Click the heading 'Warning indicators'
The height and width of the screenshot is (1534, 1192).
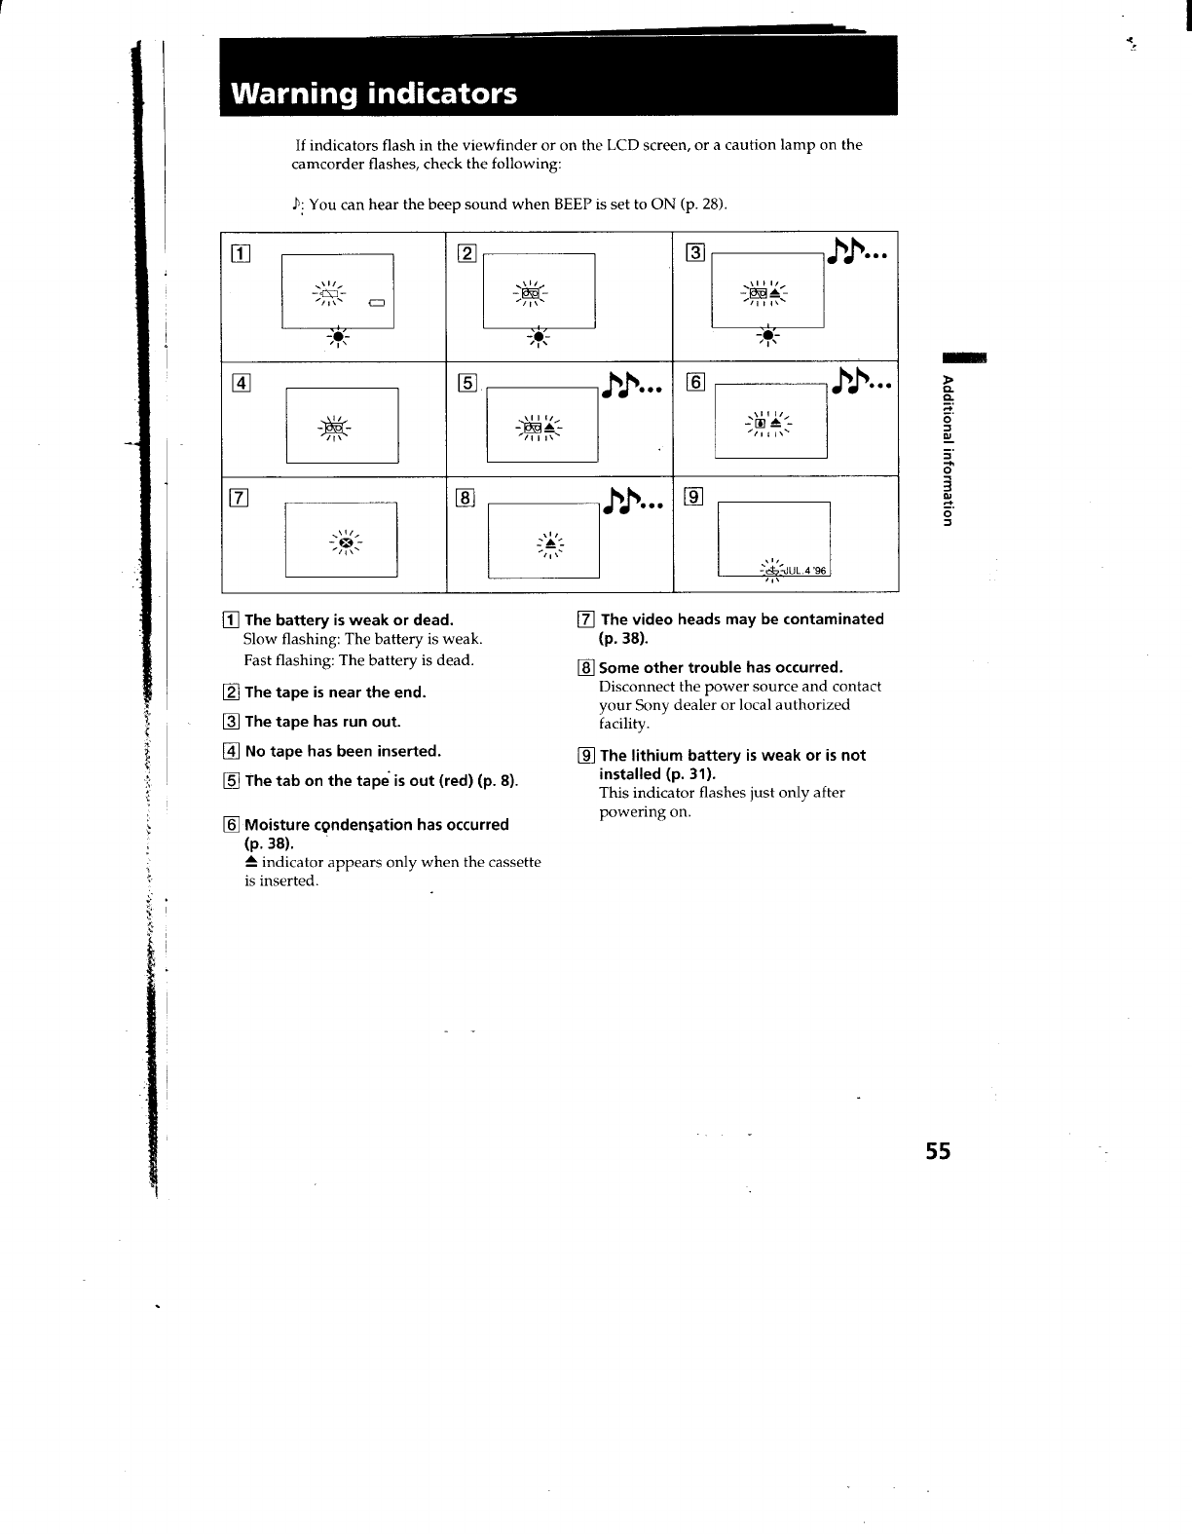tap(374, 94)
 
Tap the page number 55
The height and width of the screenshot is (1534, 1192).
tap(938, 1150)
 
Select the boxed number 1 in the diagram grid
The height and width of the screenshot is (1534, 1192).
tap(240, 256)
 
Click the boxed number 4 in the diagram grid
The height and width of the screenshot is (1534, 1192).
tap(240, 382)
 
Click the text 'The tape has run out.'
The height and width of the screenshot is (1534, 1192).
tap(322, 722)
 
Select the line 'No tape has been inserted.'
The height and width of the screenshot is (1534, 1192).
tap(343, 751)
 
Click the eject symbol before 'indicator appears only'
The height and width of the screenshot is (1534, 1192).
tap(250, 862)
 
